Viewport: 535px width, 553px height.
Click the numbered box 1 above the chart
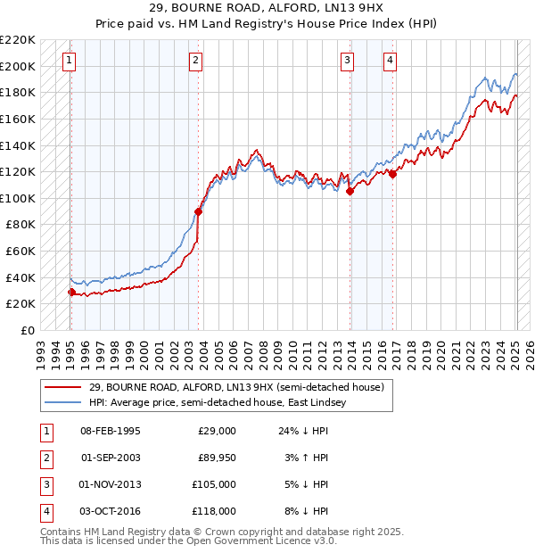pos(70,61)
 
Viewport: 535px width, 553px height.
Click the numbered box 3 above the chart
pos(347,61)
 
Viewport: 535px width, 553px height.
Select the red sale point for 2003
pos(198,211)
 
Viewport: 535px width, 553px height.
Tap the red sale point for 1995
pos(71,292)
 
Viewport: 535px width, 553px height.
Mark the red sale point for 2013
pos(350,191)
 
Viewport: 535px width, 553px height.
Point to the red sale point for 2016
pos(393,174)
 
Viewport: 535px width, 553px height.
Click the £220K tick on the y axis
pos(18,40)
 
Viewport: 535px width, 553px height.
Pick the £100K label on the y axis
pos(18,198)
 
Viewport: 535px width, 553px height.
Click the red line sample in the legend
pos(62,388)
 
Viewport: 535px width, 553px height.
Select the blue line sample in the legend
pos(62,402)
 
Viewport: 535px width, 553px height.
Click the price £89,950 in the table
pos(217,458)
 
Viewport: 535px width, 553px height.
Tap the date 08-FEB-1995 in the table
pos(111,431)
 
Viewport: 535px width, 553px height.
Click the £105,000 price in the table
pos(215,484)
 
